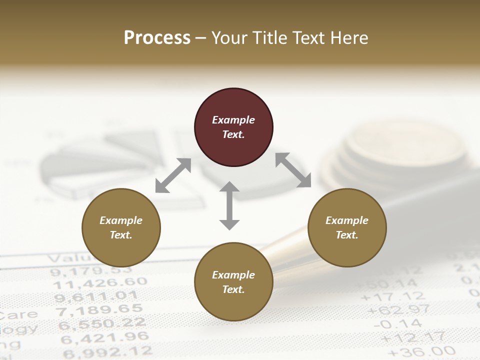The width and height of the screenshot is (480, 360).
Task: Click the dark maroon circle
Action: coord(233,127)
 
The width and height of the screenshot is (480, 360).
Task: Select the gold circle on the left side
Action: coord(121,227)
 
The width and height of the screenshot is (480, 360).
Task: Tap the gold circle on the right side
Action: coord(347,227)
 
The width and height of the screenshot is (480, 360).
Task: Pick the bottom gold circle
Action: coord(233,282)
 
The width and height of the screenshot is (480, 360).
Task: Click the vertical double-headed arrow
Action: coord(229,205)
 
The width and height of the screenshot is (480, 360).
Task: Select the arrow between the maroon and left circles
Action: coord(173,175)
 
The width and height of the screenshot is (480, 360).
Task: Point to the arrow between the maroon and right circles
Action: coord(293,170)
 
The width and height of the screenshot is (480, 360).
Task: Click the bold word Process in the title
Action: coord(157,37)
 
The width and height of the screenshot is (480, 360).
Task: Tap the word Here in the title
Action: coord(348,37)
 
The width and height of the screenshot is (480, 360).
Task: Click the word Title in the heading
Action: coord(270,37)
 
